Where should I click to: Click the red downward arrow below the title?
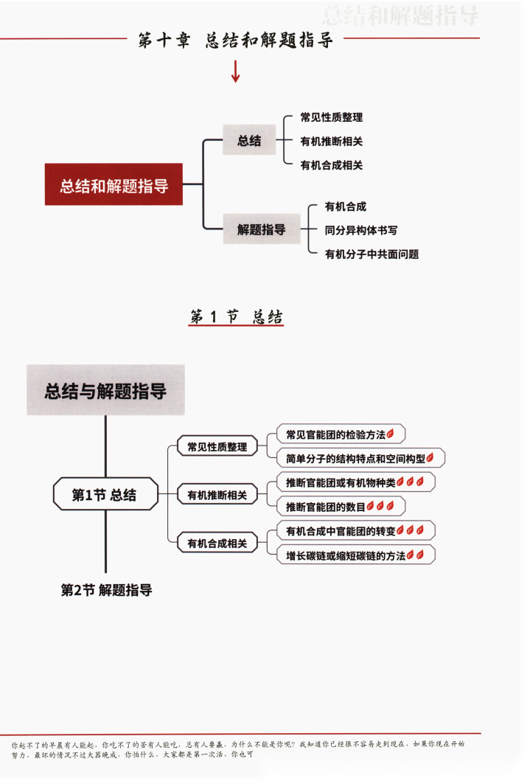pyautogui.click(x=236, y=72)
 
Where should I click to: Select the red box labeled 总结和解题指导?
pyautogui.click(x=114, y=184)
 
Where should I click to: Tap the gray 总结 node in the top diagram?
pyautogui.click(x=249, y=140)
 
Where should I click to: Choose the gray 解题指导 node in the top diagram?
pyautogui.click(x=261, y=229)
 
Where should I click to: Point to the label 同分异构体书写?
pyautogui.click(x=361, y=230)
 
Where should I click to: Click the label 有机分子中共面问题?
pyautogui.click(x=371, y=254)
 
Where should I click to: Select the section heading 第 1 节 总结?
pyautogui.click(x=236, y=317)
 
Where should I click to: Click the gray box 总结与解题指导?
pyautogui.click(x=105, y=390)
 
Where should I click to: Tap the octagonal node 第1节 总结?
pyautogui.click(x=105, y=494)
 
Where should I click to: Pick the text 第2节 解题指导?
pyautogui.click(x=106, y=590)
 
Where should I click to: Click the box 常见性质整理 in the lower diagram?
pyautogui.click(x=217, y=446)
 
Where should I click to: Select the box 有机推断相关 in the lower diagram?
pyautogui.click(x=217, y=495)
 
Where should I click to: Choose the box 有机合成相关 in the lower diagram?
pyautogui.click(x=217, y=544)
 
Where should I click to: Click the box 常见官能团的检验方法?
pyautogui.click(x=341, y=434)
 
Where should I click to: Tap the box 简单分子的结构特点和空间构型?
pyautogui.click(x=360, y=458)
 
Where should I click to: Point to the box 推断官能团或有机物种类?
pyautogui.click(x=355, y=482)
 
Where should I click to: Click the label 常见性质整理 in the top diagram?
pyautogui.click(x=331, y=117)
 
